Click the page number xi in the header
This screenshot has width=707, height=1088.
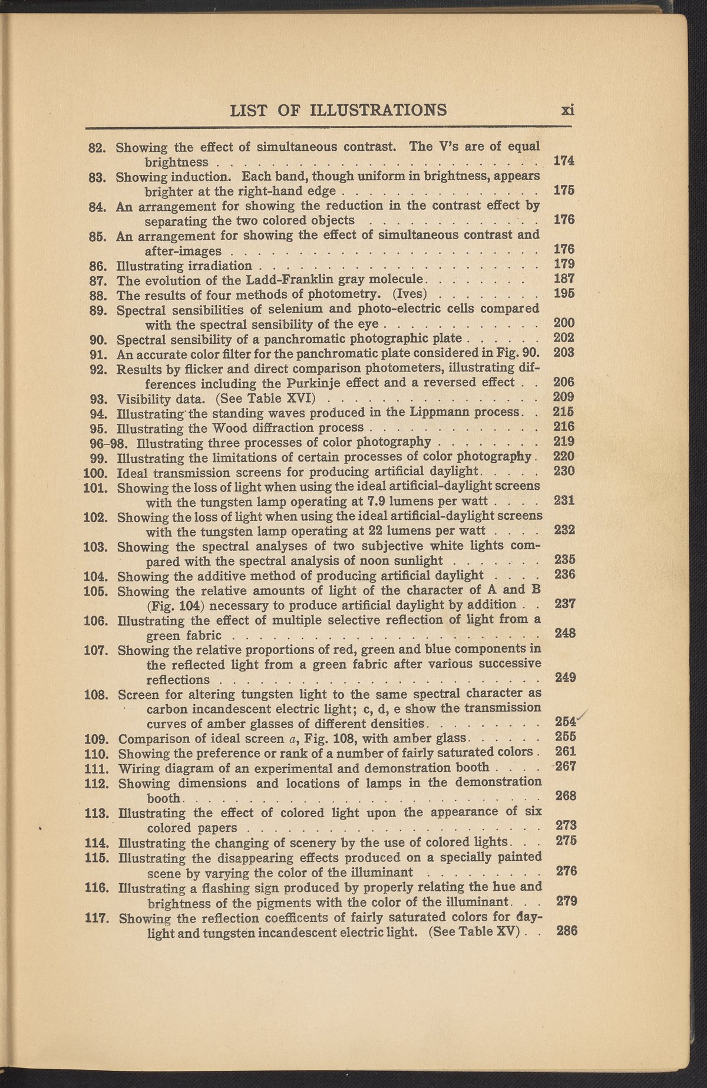[567, 110]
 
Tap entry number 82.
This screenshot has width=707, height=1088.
[96, 147]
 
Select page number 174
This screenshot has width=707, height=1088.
[564, 161]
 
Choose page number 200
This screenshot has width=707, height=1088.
[564, 323]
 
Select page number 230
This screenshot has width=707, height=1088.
[564, 472]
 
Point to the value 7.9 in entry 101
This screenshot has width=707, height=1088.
[376, 502]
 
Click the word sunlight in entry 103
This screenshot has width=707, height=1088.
[417, 560]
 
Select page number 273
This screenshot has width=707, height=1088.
[566, 825]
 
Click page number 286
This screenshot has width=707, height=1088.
[567, 931]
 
